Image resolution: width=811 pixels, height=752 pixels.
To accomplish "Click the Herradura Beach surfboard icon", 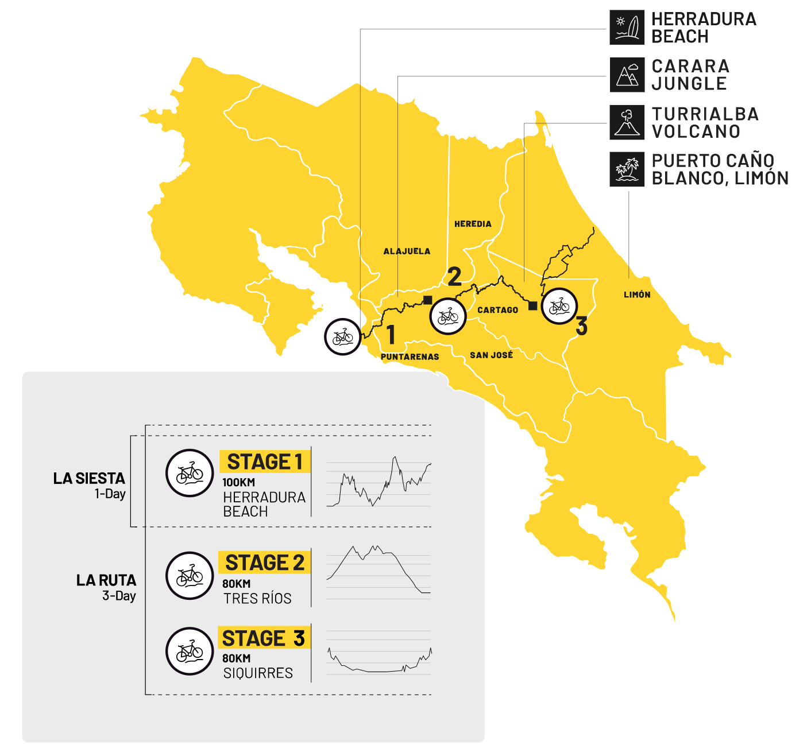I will [x=627, y=28].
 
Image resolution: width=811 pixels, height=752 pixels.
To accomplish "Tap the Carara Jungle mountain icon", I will [x=627, y=75].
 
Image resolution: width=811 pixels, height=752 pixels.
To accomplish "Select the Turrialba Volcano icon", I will [x=627, y=123].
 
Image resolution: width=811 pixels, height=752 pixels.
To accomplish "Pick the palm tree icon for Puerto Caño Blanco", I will [x=627, y=169].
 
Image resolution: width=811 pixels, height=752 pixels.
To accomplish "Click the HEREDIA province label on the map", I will [x=473, y=224].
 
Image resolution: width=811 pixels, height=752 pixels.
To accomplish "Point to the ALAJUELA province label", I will [x=407, y=251].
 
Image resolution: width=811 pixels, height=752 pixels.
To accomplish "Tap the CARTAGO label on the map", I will [x=497, y=310].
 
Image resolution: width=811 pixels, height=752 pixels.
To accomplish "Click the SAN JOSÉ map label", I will [x=491, y=355].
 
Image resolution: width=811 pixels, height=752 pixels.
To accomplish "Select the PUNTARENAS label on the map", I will [x=410, y=357].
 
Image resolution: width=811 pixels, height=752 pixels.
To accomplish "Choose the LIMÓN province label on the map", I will [x=637, y=295].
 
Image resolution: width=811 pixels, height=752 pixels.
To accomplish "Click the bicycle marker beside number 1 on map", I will [x=343, y=337].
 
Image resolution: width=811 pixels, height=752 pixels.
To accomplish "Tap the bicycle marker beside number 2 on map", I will [x=448, y=316].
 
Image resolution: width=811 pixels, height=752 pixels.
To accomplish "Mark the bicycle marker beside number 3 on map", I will [x=559, y=307].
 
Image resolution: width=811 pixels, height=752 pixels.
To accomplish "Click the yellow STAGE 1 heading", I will [x=265, y=462].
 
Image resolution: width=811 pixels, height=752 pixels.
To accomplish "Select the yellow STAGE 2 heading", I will [x=265, y=563].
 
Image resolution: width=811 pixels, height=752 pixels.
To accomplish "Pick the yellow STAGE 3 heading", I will [x=264, y=638].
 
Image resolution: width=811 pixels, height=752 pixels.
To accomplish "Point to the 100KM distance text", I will [x=239, y=482].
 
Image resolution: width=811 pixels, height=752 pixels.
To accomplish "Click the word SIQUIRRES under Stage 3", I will [x=258, y=673].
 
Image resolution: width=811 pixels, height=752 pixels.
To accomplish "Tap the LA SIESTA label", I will [x=89, y=479].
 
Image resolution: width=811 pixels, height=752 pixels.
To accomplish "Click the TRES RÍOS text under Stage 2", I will [x=257, y=598].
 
